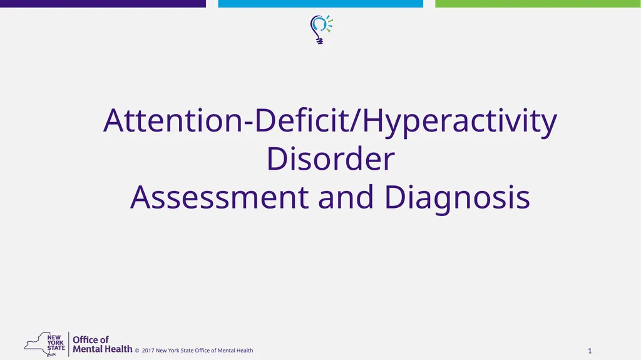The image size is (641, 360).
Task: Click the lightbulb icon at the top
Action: point(320,28)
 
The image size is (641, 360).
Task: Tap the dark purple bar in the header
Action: point(103,4)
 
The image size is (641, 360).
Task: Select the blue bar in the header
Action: point(320,4)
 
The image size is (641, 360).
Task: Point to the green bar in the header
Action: point(538,4)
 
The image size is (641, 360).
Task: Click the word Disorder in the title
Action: point(331,159)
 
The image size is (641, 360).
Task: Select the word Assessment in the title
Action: point(219,197)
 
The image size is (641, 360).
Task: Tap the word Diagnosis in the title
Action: point(457,197)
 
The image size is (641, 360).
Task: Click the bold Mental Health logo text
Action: point(103,349)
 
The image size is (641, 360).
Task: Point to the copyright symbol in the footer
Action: point(137,351)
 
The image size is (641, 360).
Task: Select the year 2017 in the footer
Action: point(148,351)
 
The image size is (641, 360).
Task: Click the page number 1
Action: point(590,349)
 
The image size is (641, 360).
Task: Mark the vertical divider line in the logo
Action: point(68,343)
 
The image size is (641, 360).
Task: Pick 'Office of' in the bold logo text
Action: point(91,339)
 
